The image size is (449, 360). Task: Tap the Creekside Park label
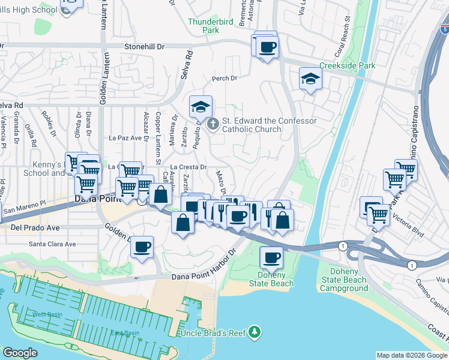pos(347,65)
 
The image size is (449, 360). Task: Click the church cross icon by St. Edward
pos(212,124)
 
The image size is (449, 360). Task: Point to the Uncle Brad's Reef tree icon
pos(255,331)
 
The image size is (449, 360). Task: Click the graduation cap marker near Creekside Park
pos(310,78)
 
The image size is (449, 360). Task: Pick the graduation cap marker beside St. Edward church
pos(200,107)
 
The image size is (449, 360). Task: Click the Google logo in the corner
pos(20,353)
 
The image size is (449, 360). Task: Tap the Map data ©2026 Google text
pos(412,355)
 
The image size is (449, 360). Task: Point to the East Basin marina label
pos(125,333)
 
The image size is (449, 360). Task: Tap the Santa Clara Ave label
pos(53,244)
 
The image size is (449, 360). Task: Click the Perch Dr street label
pos(224,78)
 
